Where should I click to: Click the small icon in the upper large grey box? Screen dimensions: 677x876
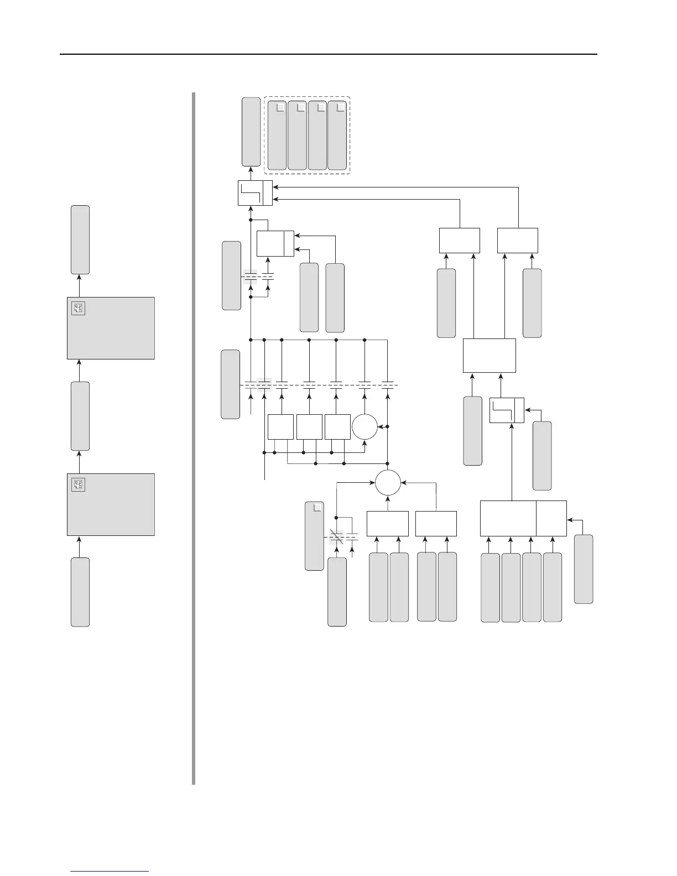78,309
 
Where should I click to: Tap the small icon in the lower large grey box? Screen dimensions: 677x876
78,485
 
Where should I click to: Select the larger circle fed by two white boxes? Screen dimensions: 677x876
388,483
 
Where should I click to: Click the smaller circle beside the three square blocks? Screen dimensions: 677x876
365,427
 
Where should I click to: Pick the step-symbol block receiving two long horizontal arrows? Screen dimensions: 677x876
255,193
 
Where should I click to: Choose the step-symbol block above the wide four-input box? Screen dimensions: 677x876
507,410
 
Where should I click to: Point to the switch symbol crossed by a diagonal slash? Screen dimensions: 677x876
336,536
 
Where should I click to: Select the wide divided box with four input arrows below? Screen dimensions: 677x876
523,518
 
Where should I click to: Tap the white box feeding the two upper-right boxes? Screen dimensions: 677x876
489,356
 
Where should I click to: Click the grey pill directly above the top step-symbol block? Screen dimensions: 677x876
251,131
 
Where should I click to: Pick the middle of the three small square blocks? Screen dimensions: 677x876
309,426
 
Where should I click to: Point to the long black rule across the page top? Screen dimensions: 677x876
329,54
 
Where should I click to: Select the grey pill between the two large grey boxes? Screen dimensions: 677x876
80,416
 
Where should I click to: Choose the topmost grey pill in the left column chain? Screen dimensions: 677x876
80,239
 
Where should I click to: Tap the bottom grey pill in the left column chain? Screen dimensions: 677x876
80,592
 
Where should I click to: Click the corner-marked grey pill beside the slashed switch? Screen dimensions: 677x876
314,536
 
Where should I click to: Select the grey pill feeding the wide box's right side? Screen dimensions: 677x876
584,569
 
